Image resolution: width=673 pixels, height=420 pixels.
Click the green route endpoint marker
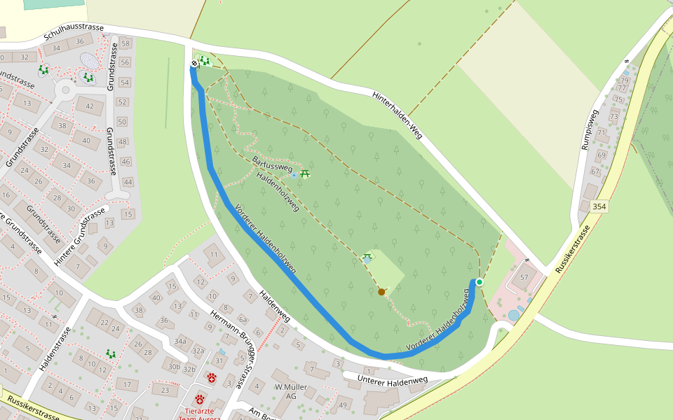pos(480,282)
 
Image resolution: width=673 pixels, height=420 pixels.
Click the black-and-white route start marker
pos(194,64)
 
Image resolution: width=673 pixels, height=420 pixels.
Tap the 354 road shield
pos(599,206)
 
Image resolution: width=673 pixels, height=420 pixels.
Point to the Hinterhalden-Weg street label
pos(397,114)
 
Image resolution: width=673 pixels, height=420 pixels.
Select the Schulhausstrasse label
pos(73,31)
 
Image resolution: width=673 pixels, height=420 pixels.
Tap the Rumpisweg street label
pos(587,129)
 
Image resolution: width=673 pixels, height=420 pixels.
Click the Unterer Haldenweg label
pos(392,380)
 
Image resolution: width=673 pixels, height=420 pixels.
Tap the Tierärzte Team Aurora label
pos(199,414)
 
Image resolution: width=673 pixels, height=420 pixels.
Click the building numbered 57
pos(524,277)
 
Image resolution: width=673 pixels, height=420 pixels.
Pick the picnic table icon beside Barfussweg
pos(305,173)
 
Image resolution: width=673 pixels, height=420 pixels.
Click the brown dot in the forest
pos(381,291)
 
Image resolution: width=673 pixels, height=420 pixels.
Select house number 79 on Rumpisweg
pos(624,80)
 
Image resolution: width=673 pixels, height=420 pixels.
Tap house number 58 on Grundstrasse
pos(125,43)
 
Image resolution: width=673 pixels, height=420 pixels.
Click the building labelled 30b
pos(174,366)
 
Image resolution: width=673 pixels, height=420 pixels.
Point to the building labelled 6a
pos(243,318)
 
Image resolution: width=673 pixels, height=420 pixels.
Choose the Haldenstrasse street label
pos(57,348)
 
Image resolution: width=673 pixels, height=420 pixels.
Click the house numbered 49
pos(343,405)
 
